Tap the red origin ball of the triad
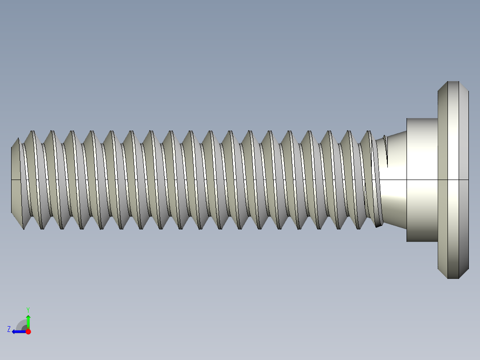[28, 331]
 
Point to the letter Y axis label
[28, 309]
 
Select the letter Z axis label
[8, 329]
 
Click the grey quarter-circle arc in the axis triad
[21, 324]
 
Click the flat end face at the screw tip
[15, 180]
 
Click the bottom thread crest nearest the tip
[23, 229]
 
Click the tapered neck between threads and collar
[394, 196]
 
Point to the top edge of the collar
[422, 119]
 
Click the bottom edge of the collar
[422, 241]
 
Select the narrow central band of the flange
[453, 180]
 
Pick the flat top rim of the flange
[453, 82]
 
